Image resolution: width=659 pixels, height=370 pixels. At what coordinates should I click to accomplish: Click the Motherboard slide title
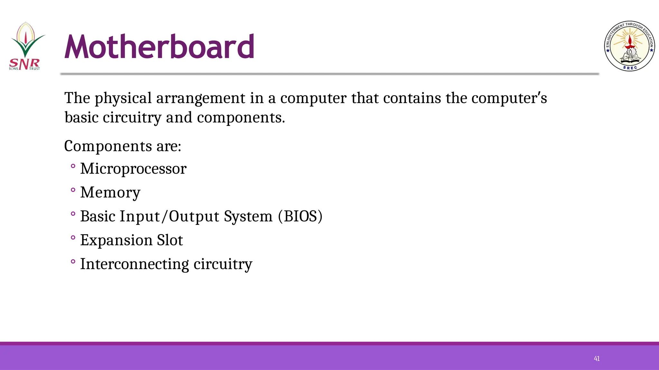(159, 47)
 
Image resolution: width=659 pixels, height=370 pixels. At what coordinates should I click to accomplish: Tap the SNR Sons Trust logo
(25, 46)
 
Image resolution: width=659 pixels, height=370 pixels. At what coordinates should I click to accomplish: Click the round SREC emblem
(629, 46)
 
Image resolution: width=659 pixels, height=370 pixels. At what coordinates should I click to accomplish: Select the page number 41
(597, 359)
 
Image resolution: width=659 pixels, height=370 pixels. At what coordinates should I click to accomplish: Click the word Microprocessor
(133, 169)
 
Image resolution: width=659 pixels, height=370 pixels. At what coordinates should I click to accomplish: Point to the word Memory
(110, 193)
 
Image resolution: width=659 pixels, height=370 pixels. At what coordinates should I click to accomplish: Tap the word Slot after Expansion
(170, 240)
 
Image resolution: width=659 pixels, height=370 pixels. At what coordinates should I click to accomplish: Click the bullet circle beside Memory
(73, 190)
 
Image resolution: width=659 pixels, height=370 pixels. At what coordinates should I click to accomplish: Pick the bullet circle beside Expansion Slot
(73, 238)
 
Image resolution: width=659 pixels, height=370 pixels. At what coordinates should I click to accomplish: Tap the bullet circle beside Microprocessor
(73, 166)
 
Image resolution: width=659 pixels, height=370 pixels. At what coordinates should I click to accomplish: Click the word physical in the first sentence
(123, 98)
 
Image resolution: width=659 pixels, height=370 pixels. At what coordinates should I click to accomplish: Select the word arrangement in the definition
(200, 98)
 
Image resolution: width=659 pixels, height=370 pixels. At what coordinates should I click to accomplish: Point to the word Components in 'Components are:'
(108, 146)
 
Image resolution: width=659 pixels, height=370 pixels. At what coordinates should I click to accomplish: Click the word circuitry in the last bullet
(223, 264)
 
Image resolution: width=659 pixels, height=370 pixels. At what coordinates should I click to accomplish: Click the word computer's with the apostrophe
(509, 98)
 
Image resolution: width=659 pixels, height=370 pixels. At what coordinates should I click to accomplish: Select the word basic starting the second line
(81, 118)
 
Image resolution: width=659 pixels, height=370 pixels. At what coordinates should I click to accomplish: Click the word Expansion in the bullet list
(116, 240)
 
